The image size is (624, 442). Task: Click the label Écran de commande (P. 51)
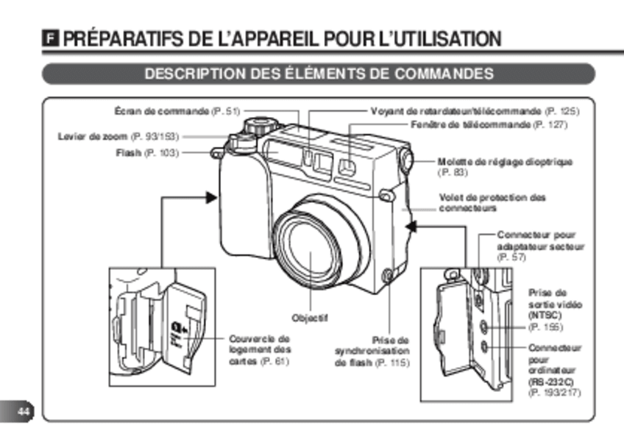pyautogui.click(x=177, y=111)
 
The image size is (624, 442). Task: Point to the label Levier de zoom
pyautogui.click(x=118, y=136)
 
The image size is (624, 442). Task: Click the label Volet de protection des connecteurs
pyautogui.click(x=492, y=203)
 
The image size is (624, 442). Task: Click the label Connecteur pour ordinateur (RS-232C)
pyautogui.click(x=554, y=370)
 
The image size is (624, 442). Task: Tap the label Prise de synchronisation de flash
pyautogui.click(x=372, y=352)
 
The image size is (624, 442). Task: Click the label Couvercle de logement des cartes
pyautogui.click(x=260, y=350)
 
